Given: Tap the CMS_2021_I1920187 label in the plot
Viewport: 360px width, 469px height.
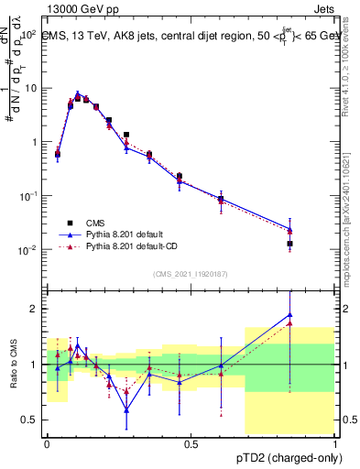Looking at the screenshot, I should [189, 274].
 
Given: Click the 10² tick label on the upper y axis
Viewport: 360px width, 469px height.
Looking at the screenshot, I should [27, 35].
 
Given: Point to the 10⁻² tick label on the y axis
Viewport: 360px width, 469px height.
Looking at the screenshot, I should [27, 250].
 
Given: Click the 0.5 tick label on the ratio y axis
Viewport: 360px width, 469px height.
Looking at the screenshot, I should [32, 420].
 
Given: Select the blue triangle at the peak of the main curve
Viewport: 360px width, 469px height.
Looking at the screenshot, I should [78, 94].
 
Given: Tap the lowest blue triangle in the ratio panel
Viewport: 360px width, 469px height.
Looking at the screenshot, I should [126, 410].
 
